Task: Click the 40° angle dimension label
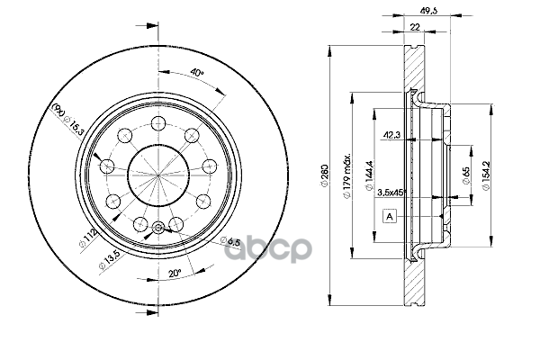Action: tap(197, 73)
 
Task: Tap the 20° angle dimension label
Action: tap(175, 274)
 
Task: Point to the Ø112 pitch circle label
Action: tap(88, 238)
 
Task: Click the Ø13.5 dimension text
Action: tap(109, 259)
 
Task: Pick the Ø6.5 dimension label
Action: tap(230, 241)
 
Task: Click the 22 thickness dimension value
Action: tap(415, 27)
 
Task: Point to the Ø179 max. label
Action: tap(346, 175)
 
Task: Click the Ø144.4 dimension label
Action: tap(369, 175)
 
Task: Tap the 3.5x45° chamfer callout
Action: tap(391, 193)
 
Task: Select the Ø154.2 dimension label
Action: tap(486, 175)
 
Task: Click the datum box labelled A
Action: tap(390, 216)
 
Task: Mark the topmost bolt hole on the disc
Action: tap(158, 123)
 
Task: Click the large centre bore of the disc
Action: tap(158, 175)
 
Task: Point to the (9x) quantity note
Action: tap(58, 110)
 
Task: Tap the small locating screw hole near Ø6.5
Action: tap(158, 228)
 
